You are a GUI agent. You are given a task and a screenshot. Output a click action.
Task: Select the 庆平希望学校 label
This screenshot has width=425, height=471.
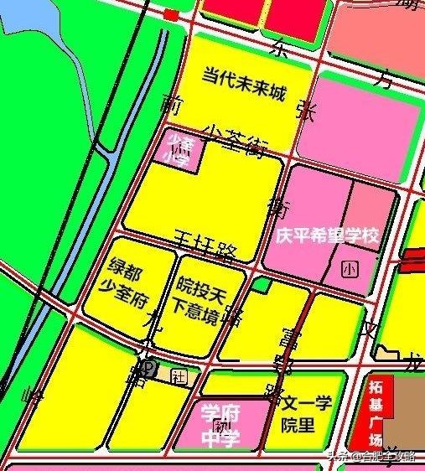coord(327,235)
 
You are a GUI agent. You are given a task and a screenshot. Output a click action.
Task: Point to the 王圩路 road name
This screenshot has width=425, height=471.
coord(205,245)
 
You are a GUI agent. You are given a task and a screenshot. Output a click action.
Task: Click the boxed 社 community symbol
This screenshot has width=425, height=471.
coord(177,374)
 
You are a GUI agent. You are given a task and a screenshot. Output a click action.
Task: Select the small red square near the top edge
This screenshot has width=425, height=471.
coord(171,14)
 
